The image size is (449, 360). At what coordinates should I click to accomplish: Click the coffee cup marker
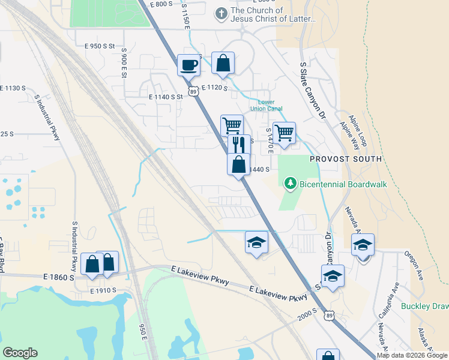[x=188, y=65]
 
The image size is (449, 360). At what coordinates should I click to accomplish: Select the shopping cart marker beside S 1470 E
[x=284, y=132]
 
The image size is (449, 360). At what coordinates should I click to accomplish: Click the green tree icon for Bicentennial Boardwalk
[x=291, y=182]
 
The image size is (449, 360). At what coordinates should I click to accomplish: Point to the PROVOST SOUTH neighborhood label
[x=345, y=159]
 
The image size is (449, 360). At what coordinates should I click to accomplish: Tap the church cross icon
[x=221, y=12]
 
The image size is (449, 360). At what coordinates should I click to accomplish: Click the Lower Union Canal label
[x=270, y=106]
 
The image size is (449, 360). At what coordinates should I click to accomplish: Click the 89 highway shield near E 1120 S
[x=193, y=91]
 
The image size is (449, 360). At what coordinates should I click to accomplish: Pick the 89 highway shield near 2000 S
[x=328, y=315]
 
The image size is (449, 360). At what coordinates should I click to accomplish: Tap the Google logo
[x=20, y=353]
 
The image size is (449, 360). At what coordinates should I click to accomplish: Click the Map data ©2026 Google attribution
[x=412, y=355]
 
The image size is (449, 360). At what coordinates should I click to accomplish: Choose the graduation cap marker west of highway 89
[x=256, y=242]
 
